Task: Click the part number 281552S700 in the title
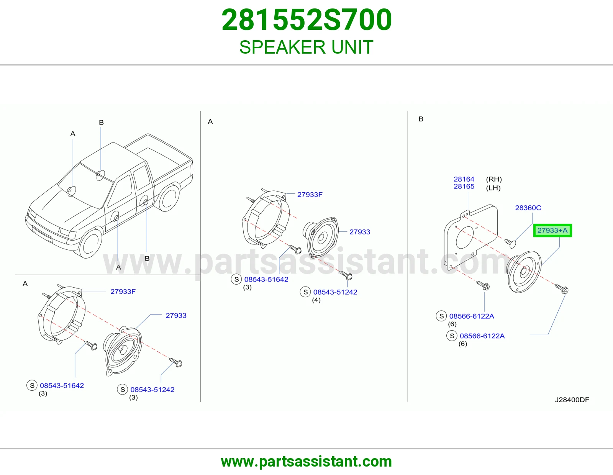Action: point(306,20)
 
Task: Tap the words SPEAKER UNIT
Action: point(306,47)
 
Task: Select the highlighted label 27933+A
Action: point(552,231)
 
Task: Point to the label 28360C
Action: point(528,208)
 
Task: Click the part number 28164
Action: point(464,179)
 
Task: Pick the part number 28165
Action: point(464,187)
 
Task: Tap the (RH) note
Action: point(494,179)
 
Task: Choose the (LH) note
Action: point(493,188)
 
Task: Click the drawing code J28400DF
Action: point(572,400)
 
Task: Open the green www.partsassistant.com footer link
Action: point(306,462)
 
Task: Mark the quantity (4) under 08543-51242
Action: point(316,300)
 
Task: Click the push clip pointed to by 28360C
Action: point(510,243)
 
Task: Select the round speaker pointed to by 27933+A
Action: point(524,272)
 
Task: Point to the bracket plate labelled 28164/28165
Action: point(470,237)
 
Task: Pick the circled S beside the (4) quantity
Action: point(305,292)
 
